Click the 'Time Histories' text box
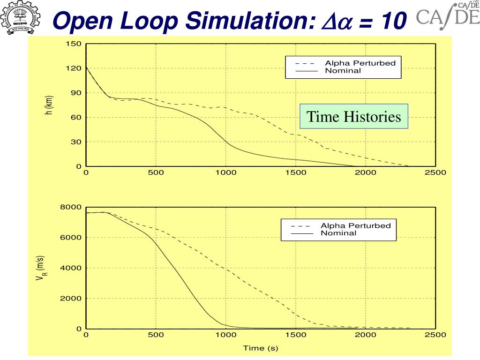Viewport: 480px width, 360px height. (x=354, y=116)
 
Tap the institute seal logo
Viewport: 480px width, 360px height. (x=21, y=18)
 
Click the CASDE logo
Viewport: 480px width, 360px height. (x=448, y=17)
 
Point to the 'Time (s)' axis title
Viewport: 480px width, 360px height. (x=260, y=348)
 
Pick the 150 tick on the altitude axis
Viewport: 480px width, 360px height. (x=75, y=44)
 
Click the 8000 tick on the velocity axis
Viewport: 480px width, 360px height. (x=73, y=207)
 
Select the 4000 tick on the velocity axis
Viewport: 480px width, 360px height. (x=73, y=268)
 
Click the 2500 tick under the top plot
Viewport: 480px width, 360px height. (x=435, y=172)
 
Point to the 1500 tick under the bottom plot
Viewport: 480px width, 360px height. (x=296, y=335)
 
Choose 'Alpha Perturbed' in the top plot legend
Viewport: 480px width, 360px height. (x=360, y=63)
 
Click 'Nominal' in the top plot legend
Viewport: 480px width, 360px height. (x=343, y=71)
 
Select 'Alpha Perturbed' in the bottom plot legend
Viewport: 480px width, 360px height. (x=355, y=226)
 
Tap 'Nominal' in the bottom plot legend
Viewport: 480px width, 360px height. (x=338, y=233)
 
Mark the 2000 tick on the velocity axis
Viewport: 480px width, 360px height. (x=73, y=299)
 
